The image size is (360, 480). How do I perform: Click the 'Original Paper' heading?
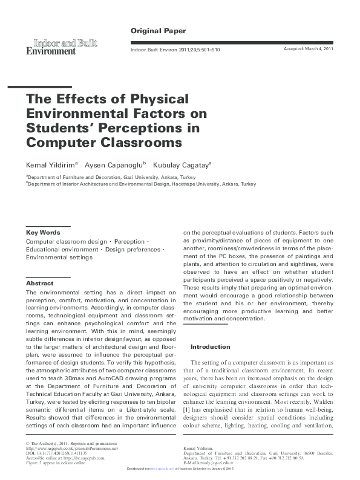[x=158, y=30]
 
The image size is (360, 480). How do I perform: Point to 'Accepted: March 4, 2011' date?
[x=309, y=48]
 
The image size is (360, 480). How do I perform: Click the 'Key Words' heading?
[x=42, y=232]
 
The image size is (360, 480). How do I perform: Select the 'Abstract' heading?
[x=39, y=283]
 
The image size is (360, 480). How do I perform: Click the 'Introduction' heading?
[x=210, y=347]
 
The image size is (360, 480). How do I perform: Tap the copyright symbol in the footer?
[x=28, y=443]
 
